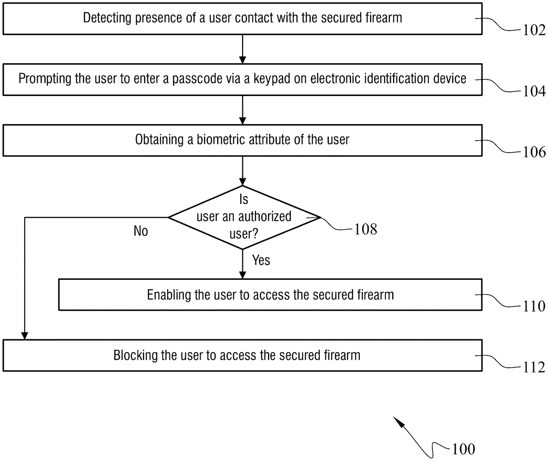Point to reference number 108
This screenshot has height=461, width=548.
point(366,229)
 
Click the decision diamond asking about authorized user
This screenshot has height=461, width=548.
point(244,217)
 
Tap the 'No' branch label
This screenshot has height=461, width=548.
point(141,231)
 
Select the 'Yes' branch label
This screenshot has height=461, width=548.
point(261,260)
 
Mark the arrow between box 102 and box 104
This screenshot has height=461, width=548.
point(243,48)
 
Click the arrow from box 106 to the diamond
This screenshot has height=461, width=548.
point(243,170)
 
